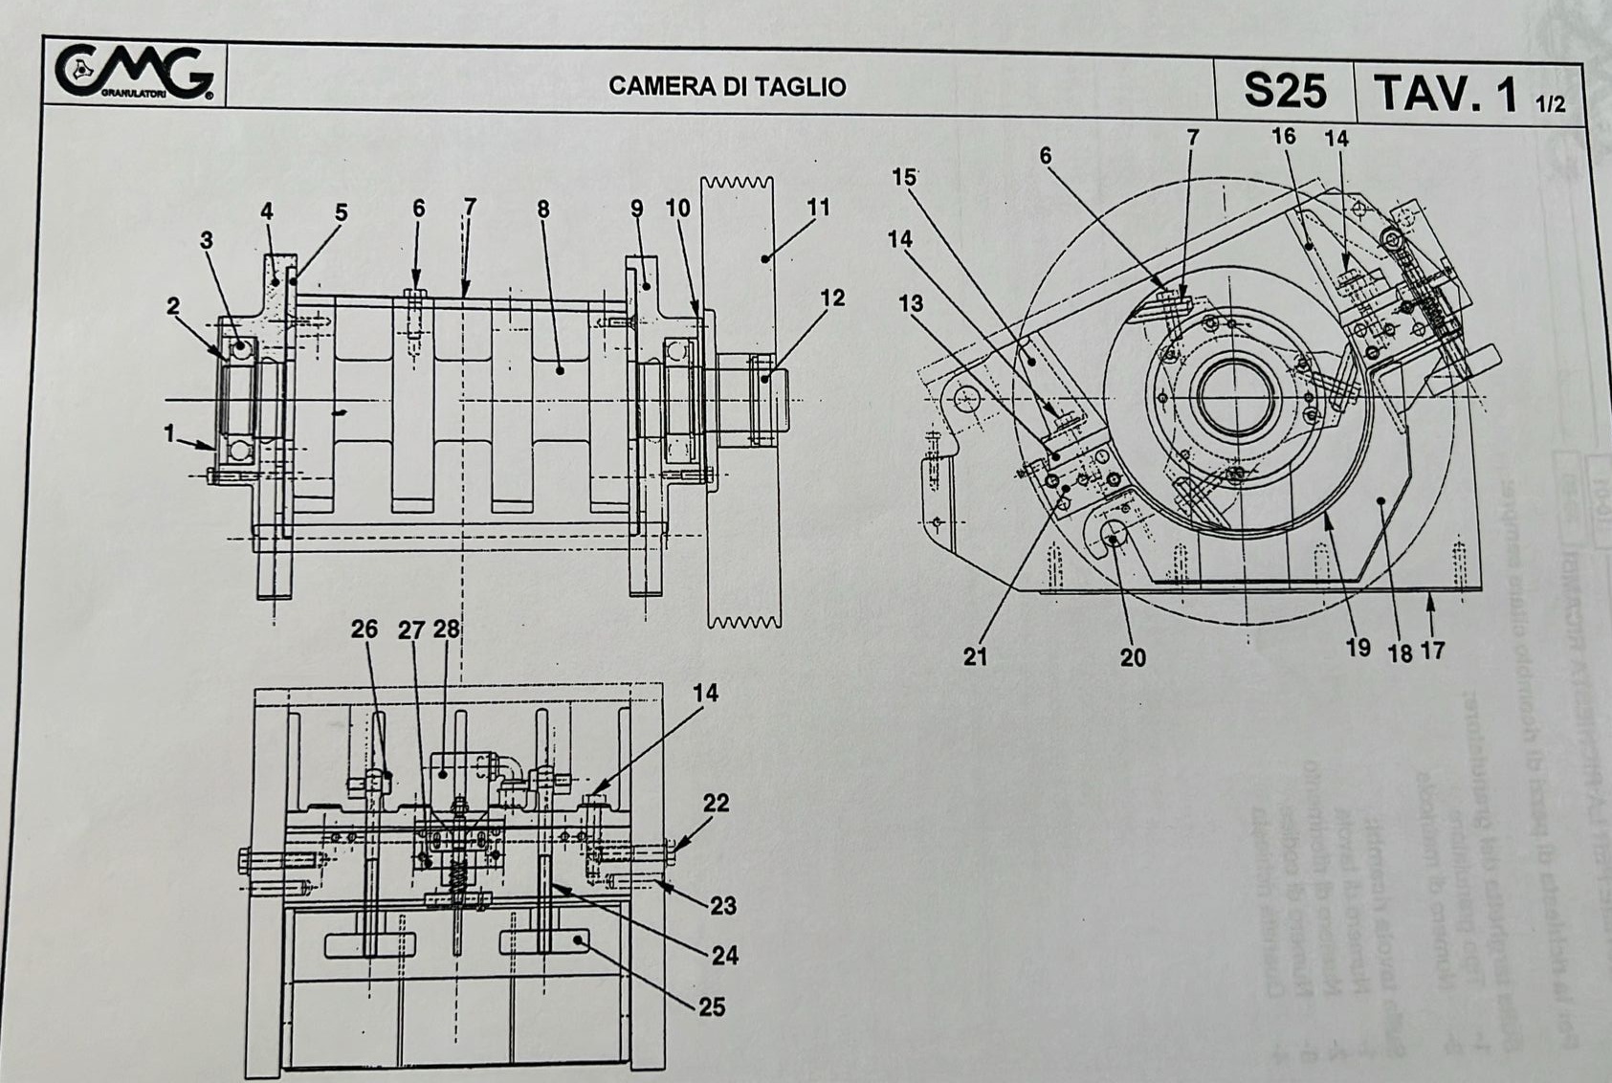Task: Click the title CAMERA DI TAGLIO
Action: coord(727,87)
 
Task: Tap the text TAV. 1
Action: coord(1446,94)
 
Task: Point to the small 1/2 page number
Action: coord(1551,104)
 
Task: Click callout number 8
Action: coord(543,209)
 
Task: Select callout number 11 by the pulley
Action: coord(818,207)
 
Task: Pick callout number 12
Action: coord(832,298)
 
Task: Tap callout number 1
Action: coord(169,433)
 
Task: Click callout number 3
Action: coord(207,240)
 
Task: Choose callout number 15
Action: coord(904,177)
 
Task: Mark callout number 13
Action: coord(911,304)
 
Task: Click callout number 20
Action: coord(1133,657)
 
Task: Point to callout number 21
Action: coord(975,656)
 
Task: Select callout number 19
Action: coord(1358,649)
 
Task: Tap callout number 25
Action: coord(712,1006)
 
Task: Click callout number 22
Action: coord(717,804)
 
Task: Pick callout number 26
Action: coord(364,630)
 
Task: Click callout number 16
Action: coord(1283,136)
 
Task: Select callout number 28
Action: coord(447,630)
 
